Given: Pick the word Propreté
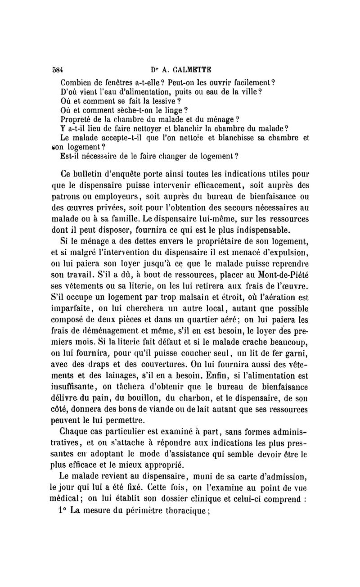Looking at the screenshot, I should tap(77, 119).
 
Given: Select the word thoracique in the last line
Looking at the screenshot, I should tap(184, 510).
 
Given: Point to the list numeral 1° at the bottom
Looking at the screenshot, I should tap(62, 510).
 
